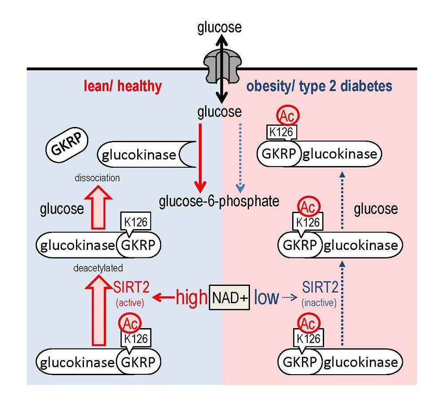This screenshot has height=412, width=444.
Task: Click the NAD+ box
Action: [x=230, y=297]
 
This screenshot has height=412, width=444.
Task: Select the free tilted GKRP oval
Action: [x=67, y=145]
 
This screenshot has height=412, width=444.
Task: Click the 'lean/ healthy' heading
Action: [x=123, y=86]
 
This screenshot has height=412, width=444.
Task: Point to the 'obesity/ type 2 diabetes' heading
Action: [x=319, y=86]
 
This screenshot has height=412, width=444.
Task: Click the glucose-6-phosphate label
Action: [x=219, y=201]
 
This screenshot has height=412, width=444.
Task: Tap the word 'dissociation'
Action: [x=97, y=178]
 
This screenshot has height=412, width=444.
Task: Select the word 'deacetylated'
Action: [x=98, y=268]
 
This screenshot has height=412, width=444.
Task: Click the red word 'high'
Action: [x=192, y=297]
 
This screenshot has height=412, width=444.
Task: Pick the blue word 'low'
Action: [x=266, y=297]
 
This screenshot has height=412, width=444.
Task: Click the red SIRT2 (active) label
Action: [x=131, y=294]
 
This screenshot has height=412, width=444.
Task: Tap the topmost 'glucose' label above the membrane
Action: [x=219, y=28]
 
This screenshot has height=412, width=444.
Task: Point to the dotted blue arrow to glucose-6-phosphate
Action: [x=240, y=158]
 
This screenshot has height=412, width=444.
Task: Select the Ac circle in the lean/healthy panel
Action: [x=130, y=323]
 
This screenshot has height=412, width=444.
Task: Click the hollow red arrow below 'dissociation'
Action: [x=99, y=207]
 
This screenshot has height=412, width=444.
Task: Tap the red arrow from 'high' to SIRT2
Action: [x=163, y=297]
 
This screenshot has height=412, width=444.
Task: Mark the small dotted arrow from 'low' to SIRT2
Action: [x=290, y=297]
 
